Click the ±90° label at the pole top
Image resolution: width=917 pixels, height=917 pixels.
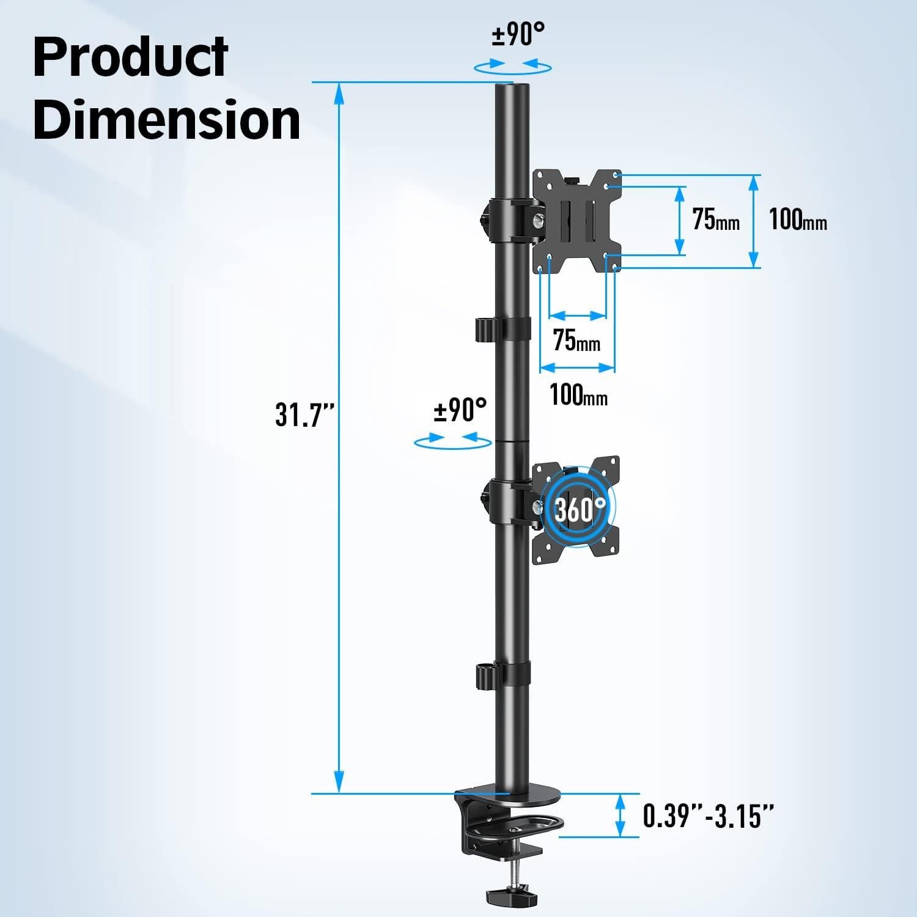pos(518,35)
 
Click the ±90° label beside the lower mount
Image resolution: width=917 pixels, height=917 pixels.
pos(460,410)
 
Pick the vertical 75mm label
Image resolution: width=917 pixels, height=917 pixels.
pos(716,219)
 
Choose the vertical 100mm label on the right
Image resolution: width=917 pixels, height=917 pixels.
pos(798,219)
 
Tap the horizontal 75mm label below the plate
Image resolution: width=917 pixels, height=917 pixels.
pos(576,341)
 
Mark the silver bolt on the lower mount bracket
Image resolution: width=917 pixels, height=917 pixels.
pos(538,507)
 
